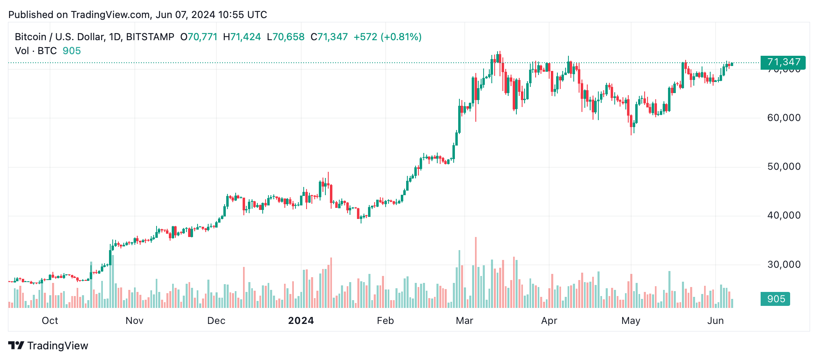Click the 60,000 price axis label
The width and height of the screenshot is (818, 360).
[784, 118]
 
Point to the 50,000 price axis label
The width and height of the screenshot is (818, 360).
[784, 167]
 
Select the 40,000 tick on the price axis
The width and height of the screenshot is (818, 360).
[784, 216]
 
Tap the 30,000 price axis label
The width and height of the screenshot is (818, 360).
[784, 264]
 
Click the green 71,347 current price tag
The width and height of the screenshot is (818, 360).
[783, 62]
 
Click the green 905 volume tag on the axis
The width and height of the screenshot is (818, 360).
[775, 299]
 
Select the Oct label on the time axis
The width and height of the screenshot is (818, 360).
[50, 321]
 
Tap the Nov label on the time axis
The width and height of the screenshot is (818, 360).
[134, 321]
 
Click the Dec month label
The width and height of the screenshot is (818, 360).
[216, 321]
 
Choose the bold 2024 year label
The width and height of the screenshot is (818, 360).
[301, 321]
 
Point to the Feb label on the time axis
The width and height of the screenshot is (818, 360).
[385, 321]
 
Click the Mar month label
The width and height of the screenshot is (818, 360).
[464, 321]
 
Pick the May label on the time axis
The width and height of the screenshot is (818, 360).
[631, 321]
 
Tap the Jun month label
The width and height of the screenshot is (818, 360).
[716, 321]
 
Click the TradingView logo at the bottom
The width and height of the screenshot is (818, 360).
[48, 346]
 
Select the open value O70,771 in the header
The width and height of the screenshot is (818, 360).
[199, 37]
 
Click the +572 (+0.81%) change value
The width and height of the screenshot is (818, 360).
[387, 37]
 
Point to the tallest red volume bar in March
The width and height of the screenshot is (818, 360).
[476, 272]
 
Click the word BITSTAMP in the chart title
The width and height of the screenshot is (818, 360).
[150, 37]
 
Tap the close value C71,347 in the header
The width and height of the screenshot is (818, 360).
[329, 37]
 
